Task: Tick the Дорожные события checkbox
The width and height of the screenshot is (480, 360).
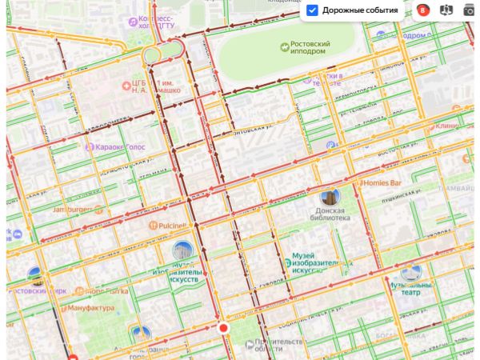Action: point(313,10)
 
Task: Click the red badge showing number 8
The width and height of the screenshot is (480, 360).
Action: point(422,10)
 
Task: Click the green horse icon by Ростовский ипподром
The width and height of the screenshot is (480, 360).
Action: point(284,46)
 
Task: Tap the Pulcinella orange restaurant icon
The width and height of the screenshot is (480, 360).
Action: point(151,226)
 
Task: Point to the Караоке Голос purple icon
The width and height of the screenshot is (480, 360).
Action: point(89,146)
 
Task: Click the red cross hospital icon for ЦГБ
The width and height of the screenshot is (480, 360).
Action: point(125,85)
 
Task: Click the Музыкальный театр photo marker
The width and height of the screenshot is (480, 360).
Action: point(410,272)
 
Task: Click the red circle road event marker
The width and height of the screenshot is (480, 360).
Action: point(223,328)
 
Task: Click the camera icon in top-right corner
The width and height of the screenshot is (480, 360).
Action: point(470,10)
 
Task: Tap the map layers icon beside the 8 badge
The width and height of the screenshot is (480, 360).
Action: point(446,10)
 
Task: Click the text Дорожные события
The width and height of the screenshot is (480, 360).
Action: point(360,10)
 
